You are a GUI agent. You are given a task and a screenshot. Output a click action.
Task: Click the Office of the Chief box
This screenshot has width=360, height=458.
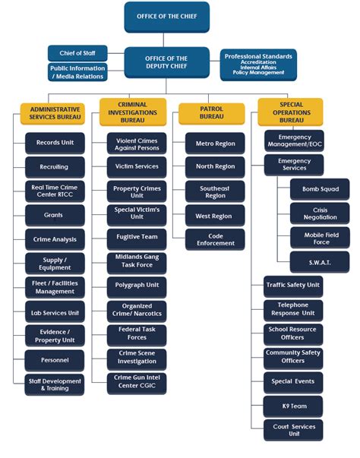tap(166, 17)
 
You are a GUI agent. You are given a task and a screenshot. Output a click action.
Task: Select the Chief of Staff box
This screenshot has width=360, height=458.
tap(77, 53)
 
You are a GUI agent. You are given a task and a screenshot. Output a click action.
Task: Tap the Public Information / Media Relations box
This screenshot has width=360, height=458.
tap(77, 71)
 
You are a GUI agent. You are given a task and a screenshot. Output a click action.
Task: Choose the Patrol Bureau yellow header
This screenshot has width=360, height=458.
tap(211, 113)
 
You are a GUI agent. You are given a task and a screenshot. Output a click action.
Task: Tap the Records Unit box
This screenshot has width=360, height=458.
tap(55, 142)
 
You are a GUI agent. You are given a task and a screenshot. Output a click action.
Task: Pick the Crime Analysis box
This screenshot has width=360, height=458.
tap(55, 238)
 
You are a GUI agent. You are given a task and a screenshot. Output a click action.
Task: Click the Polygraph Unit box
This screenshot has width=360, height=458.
tap(137, 284)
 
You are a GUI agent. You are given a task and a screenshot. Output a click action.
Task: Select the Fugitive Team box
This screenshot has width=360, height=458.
tap(137, 236)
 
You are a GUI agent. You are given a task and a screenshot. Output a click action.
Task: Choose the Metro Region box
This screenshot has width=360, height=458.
tap(215, 143)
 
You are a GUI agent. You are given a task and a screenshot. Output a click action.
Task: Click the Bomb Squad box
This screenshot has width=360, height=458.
tap(320, 189)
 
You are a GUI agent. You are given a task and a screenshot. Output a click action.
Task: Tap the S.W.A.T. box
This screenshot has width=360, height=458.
tap(320, 261)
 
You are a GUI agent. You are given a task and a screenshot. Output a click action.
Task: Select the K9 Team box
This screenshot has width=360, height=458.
tap(293, 406)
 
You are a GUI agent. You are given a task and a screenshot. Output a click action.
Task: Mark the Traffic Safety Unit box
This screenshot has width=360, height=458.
tap(293, 286)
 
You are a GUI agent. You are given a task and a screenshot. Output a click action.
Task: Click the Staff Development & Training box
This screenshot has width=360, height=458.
tap(55, 384)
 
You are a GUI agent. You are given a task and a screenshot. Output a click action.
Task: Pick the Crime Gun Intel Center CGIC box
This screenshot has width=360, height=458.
tap(137, 382)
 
